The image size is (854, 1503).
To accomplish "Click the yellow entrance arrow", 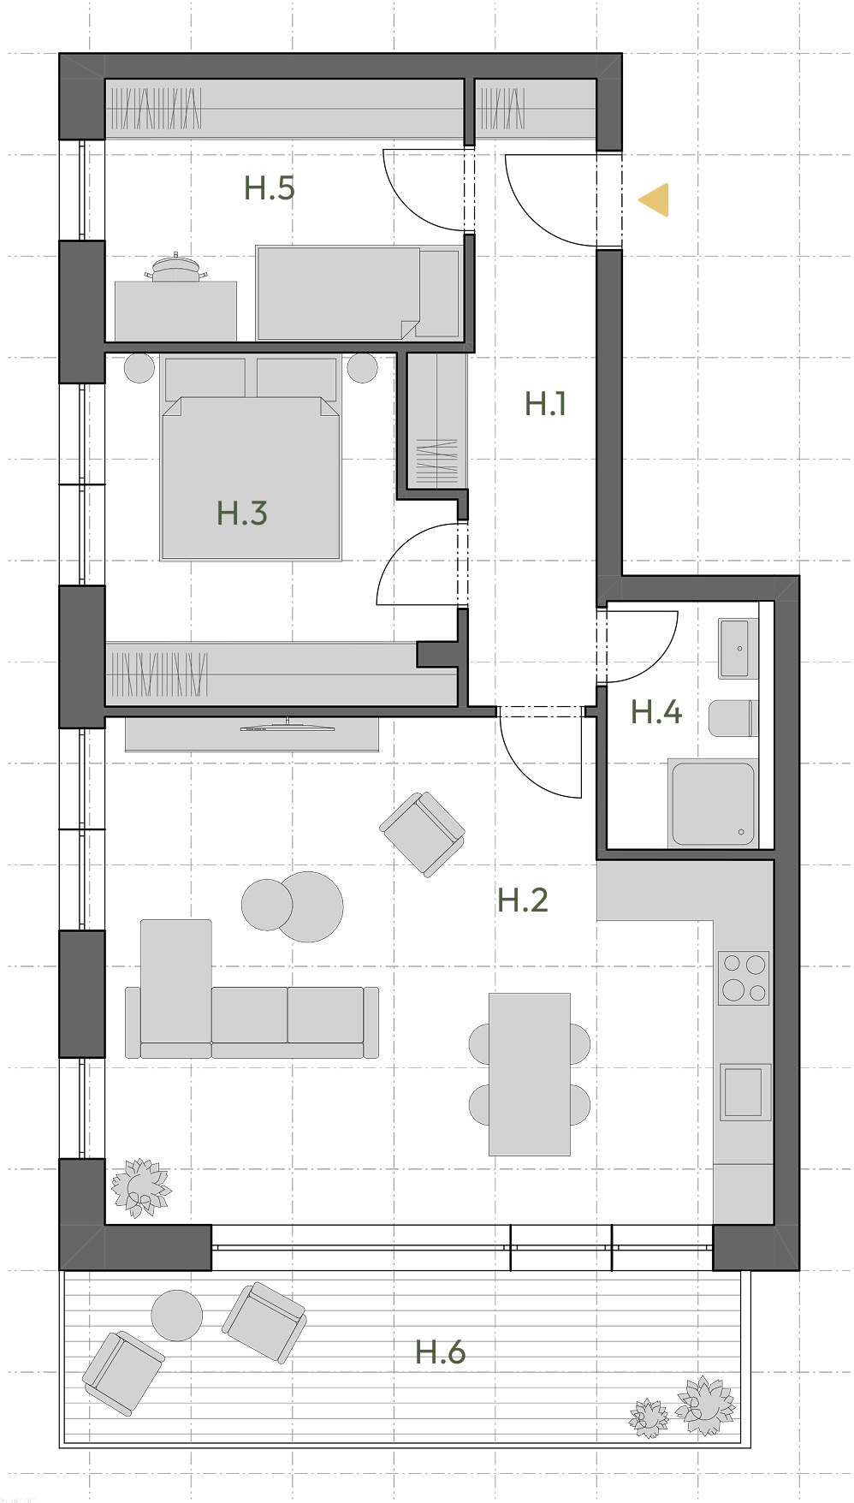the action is (655, 200).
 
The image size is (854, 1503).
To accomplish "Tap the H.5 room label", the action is (270, 187).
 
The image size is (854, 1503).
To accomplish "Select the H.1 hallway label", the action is (546, 403).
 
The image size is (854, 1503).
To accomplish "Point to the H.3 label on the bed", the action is (242, 513).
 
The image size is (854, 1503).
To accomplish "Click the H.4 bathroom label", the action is (656, 711).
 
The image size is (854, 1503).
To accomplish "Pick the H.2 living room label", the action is (523, 900).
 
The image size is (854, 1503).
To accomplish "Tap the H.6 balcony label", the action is (441, 1352).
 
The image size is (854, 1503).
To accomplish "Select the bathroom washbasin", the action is (738, 649).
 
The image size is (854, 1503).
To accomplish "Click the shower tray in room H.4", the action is (713, 803).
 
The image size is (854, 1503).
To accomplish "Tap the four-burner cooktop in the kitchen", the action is (744, 977).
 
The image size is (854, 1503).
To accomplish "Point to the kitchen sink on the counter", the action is (745, 1091).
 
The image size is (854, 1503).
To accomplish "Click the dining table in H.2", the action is (530, 1074).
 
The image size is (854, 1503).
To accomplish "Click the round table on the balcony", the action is (177, 1315).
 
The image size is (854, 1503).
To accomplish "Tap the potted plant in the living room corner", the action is (139, 1186).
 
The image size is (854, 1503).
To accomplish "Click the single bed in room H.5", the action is (358, 293).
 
